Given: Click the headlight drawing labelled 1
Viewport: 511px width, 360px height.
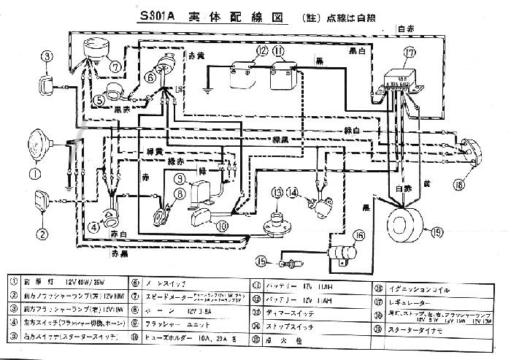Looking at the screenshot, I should [x=43, y=143].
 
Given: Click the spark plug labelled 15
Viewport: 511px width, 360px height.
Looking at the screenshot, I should [x=293, y=261].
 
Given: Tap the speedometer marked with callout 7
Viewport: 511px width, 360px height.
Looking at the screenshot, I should [x=96, y=47].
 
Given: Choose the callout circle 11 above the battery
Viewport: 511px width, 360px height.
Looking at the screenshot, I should [x=278, y=50].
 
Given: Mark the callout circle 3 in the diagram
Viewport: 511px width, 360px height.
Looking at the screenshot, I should [x=47, y=56].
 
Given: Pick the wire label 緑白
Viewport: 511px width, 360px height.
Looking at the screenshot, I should [x=353, y=129].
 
